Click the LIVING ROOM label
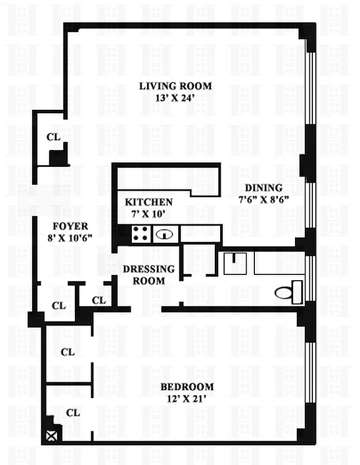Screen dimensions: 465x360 tap(175, 86)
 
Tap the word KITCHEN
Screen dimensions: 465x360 tap(149, 202)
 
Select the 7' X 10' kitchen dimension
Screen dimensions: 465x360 tap(149, 213)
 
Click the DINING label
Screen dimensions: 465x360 tap(263, 188)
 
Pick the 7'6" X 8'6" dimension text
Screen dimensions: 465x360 tap(263, 199)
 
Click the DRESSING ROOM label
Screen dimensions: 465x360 tap(148, 275)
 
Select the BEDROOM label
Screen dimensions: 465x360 tap(187, 387)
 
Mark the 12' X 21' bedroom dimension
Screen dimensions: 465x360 tap(187, 398)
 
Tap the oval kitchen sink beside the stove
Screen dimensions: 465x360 tap(165, 234)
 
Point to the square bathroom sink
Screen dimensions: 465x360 tap(235, 263)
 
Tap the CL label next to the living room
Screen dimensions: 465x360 tap(53, 137)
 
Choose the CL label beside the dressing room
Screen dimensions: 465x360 tap(99, 301)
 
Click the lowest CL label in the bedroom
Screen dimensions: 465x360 tap(72, 413)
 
